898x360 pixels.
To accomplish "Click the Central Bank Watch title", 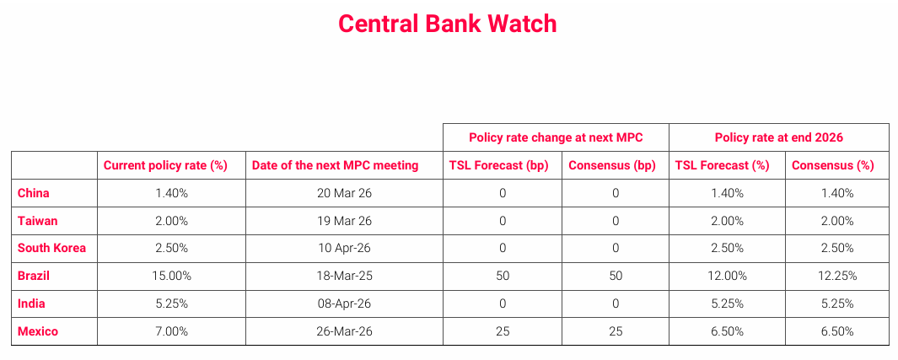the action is point(447,24).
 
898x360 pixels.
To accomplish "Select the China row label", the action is point(33,193).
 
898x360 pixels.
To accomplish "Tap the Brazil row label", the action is point(34,276).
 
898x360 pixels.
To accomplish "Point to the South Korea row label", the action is point(52,248).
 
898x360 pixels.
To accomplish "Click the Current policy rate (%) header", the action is point(165,165).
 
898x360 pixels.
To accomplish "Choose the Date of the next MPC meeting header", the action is point(336,165).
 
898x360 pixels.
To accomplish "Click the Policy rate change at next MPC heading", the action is point(557,137).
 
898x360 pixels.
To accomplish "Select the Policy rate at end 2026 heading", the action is point(779,137).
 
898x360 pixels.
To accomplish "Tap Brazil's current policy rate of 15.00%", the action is point(172,276).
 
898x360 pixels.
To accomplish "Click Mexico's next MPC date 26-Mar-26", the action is point(344,331).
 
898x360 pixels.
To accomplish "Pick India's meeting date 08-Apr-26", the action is point(344,304).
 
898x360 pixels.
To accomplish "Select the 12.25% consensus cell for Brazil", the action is point(836,276).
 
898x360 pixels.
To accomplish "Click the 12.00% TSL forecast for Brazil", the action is point(728,276).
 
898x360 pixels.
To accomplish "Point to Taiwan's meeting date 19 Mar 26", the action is point(344,220).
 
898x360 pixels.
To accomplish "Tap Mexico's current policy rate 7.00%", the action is point(172,331).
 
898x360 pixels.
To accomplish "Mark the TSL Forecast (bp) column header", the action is point(499,165).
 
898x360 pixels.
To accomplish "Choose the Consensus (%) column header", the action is point(833,165).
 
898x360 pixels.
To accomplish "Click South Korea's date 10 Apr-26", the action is point(344,248).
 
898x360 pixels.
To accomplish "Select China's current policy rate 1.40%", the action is point(172,193).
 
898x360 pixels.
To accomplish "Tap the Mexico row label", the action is point(38,331).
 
